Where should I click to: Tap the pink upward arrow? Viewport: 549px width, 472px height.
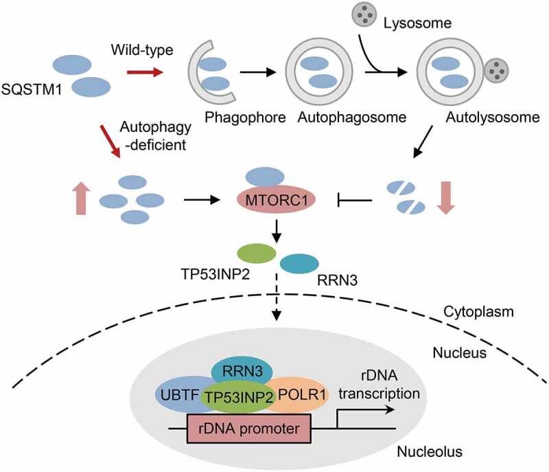tap(73, 200)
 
